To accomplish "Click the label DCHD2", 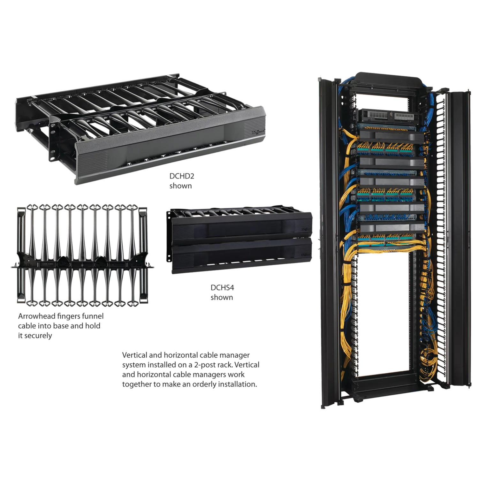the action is tap(182, 176).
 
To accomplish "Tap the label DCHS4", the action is tap(222, 287).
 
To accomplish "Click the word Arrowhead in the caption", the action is tap(36, 316).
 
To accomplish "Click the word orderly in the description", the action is tap(204, 384).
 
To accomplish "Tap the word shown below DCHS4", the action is tap(222, 297).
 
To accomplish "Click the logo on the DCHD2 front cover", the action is tap(257, 131).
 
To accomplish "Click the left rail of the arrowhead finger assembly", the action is tap(21, 255).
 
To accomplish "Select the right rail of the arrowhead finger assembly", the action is tap(143, 255).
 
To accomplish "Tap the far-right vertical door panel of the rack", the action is tap(460, 240).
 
